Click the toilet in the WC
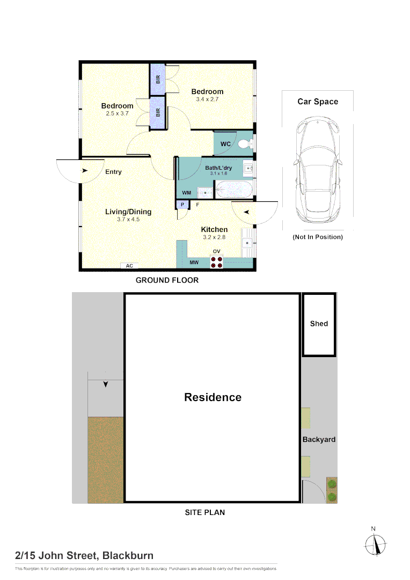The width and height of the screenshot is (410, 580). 245,143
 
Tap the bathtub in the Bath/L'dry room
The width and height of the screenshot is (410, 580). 234,190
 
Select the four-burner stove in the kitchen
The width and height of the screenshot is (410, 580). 217,262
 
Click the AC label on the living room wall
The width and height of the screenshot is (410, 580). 129,266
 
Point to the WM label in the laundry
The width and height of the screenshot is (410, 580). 187,193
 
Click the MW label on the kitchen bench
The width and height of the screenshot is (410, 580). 194,262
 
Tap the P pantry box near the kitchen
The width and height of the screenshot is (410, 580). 182,205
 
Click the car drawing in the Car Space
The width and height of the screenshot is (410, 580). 318,169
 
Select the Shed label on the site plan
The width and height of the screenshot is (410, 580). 319,324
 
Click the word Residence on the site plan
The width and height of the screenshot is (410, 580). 213,397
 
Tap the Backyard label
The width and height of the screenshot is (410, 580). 319,439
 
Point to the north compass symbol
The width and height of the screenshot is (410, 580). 375,543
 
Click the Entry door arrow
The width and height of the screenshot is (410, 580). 85,171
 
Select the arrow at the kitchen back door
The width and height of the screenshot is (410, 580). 247,212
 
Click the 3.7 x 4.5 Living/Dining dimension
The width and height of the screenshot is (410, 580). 128,219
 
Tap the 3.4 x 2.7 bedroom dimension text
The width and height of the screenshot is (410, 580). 207,99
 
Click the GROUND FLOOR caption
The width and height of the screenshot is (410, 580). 167,280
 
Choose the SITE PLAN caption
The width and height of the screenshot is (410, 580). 205,512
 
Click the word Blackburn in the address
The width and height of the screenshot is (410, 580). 128,556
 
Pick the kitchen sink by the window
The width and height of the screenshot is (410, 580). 247,243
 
